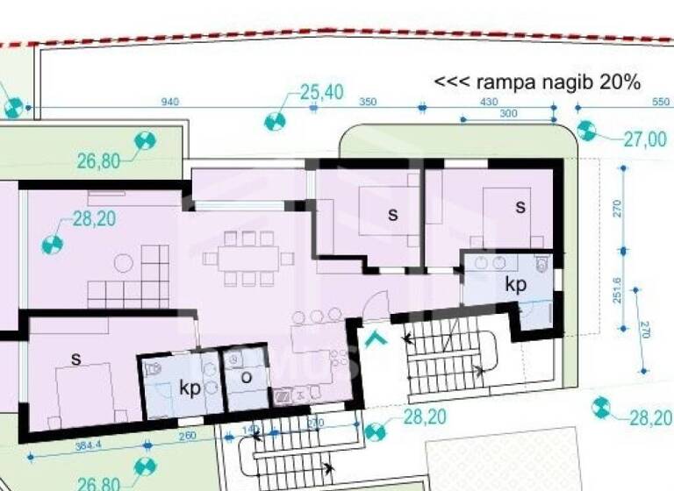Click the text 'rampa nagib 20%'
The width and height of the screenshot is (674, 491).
point(538,82)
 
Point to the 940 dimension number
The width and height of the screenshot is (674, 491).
point(170,103)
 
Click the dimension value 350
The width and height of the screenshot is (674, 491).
point(368,103)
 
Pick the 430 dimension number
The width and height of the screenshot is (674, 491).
point(488,103)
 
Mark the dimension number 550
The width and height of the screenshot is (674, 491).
point(661,103)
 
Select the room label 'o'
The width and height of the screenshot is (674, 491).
point(247,377)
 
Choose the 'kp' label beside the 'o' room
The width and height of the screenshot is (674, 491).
point(189,387)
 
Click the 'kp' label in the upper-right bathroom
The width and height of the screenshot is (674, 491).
point(515,285)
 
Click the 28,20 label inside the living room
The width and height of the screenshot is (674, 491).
point(95,219)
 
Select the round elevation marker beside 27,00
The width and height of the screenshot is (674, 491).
point(586,132)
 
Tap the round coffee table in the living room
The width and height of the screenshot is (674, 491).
point(124,261)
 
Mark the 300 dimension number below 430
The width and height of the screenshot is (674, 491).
point(508,114)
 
